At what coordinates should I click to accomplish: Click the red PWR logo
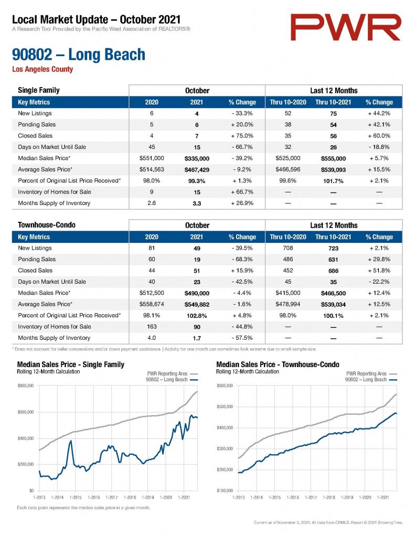(345, 27)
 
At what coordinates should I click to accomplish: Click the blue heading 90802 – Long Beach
(79, 55)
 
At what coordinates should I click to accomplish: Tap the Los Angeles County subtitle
(42, 69)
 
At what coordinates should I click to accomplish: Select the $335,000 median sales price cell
(197, 158)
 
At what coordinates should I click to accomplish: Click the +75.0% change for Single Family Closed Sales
(242, 136)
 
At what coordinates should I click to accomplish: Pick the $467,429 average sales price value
(197, 170)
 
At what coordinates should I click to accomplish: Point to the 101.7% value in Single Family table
(333, 181)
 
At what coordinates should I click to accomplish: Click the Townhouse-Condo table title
(47, 225)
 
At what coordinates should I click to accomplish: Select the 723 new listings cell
(333, 248)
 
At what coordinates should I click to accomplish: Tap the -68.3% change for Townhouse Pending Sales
(242, 260)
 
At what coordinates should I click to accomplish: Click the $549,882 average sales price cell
(197, 305)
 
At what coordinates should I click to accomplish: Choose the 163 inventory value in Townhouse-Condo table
(152, 327)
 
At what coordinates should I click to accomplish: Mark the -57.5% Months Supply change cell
(242, 338)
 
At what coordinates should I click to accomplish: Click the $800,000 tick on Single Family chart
(25, 385)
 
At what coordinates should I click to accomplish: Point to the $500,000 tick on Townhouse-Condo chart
(225, 406)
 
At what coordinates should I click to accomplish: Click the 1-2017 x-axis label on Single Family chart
(112, 497)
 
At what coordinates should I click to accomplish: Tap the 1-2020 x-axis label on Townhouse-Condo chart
(365, 497)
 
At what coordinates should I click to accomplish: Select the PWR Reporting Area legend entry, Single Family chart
(173, 373)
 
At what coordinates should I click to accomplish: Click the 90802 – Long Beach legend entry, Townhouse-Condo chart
(371, 380)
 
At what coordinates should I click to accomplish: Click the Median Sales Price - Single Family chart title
(71, 364)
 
